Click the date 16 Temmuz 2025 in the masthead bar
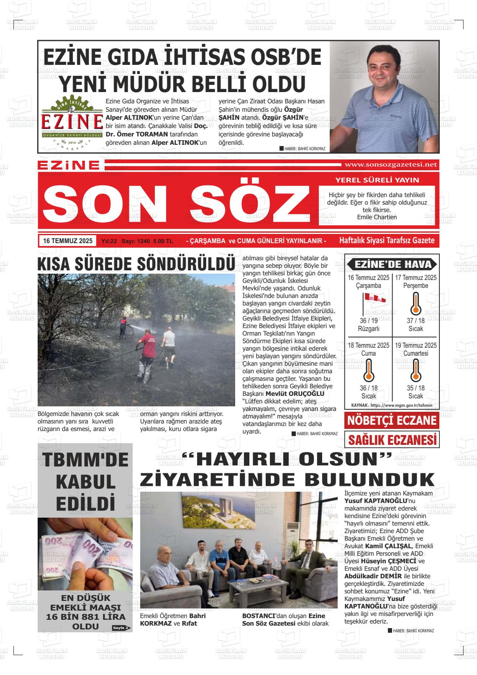click(67, 241)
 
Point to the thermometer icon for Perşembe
click(415, 303)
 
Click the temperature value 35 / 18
click(415, 388)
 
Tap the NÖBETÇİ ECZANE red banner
click(392, 420)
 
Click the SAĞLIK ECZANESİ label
click(392, 440)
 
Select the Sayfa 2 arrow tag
click(121, 628)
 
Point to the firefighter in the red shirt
click(146, 349)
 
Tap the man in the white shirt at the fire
click(169, 344)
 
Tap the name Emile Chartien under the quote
click(377, 217)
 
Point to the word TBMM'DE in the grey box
click(85, 459)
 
